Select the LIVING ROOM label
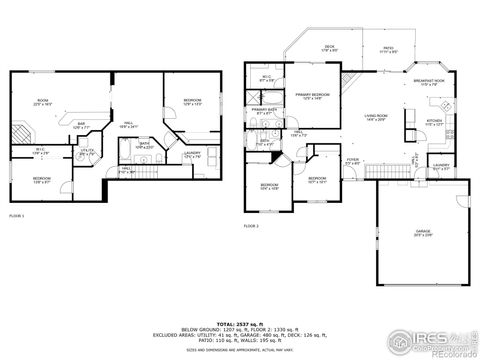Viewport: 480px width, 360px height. click(376, 118)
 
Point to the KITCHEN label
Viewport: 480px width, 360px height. click(434, 122)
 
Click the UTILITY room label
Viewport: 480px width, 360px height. click(88, 151)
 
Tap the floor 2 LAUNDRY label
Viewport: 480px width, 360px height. click(441, 167)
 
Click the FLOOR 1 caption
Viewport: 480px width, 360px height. click(16, 215)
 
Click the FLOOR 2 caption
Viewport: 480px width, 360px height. click(251, 227)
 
